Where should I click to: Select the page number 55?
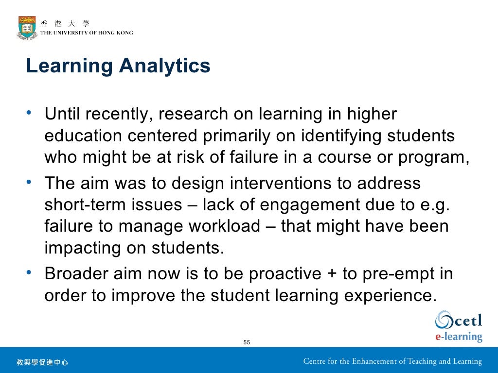click(247, 342)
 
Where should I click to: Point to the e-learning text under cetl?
click(458, 337)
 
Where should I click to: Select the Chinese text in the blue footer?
click(42, 362)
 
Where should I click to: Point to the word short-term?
click(86, 205)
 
